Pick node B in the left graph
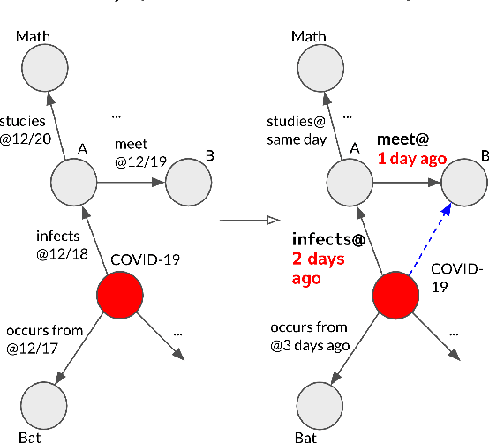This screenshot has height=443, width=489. click(187, 183)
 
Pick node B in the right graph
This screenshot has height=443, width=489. click(463, 183)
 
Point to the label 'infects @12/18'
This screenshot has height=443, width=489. click(56, 243)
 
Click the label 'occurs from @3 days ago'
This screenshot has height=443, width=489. click(311, 338)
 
